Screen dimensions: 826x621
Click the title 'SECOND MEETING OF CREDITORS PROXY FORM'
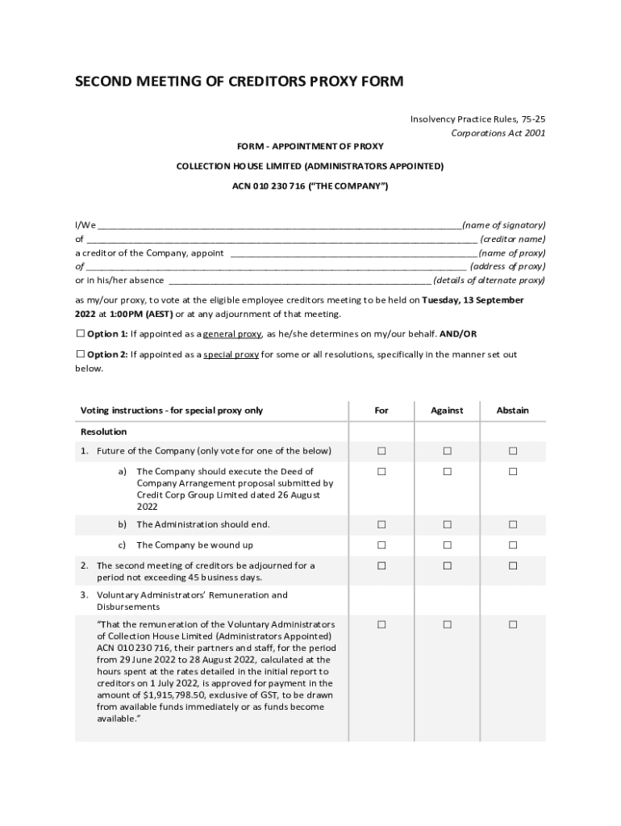[239, 81]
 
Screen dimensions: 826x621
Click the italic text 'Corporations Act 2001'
[498, 133]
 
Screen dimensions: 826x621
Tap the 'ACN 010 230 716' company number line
[310, 186]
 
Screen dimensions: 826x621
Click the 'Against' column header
[447, 411]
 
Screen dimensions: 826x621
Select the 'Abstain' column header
[512, 411]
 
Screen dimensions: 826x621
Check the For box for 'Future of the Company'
[381, 451]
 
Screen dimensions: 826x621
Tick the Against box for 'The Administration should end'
[447, 525]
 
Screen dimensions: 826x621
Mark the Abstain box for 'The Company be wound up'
[512, 545]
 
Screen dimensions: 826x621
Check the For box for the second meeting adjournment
[381, 566]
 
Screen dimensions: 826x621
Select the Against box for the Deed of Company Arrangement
[447, 472]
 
